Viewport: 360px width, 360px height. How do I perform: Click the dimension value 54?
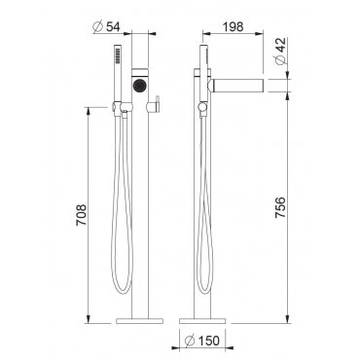tap(114, 27)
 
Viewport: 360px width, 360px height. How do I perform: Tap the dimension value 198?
tap(233, 26)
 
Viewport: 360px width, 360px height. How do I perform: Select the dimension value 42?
tap(281, 45)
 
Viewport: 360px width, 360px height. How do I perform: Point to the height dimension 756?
tap(280, 207)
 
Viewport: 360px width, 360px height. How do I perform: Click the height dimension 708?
tap(81, 215)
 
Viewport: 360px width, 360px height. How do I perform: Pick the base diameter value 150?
tap(207, 341)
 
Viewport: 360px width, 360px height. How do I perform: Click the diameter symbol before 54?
tap(98, 27)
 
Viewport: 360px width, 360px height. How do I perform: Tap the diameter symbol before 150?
tap(189, 341)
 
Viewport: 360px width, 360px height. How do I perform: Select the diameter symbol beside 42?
tap(281, 59)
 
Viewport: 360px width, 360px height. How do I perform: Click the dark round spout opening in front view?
tap(140, 86)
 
